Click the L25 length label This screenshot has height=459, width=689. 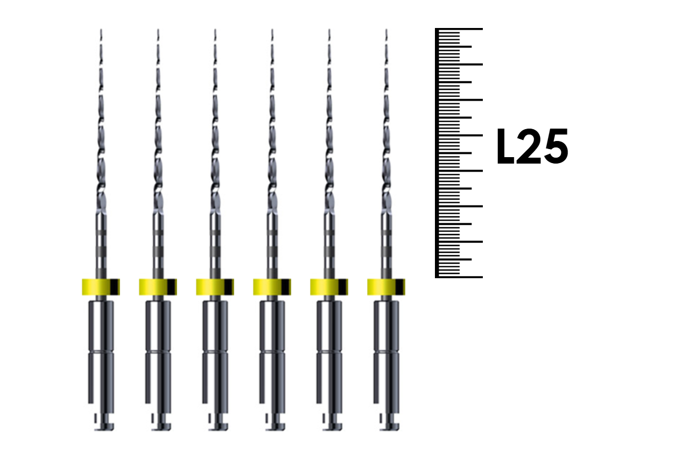pyautogui.click(x=532, y=146)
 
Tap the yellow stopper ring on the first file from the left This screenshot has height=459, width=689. pyautogui.click(x=101, y=287)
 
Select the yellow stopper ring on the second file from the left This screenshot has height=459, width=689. pyautogui.click(x=158, y=287)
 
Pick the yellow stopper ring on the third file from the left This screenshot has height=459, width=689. pyautogui.click(x=215, y=287)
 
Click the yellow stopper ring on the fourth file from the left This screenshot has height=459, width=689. pyautogui.click(x=272, y=287)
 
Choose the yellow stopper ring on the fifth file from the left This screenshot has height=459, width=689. pyautogui.click(x=329, y=287)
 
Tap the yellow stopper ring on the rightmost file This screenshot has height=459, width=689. pyautogui.click(x=386, y=287)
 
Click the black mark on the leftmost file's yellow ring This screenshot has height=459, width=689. pyautogui.click(x=114, y=287)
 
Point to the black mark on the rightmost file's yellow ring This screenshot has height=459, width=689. pyautogui.click(x=399, y=287)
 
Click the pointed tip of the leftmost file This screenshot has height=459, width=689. pyautogui.click(x=101, y=30)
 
